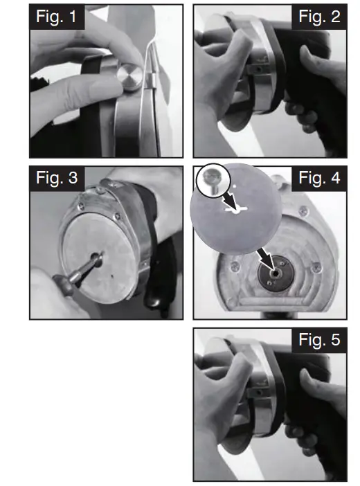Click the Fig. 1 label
tap(57, 17)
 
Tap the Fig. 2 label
tap(318, 17)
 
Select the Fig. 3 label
tap(57, 178)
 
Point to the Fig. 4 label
tap(318, 178)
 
